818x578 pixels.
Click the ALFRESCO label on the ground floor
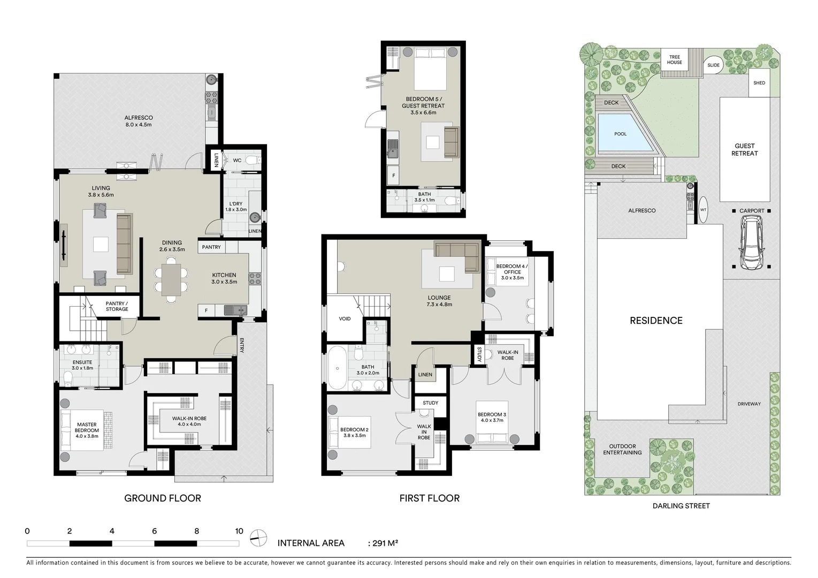click(139, 118)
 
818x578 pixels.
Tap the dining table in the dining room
click(171, 280)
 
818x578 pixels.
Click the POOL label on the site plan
click(620, 134)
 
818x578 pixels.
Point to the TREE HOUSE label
click(674, 59)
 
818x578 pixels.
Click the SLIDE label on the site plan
click(713, 65)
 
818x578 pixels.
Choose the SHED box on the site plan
click(759, 83)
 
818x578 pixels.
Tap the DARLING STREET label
click(681, 506)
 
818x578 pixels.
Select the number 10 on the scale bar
click(239, 531)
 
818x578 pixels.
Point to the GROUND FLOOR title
click(163, 498)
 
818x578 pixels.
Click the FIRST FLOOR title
click(429, 498)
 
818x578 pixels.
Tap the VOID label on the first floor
click(345, 319)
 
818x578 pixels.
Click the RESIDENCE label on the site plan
click(656, 321)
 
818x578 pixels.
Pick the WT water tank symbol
click(703, 210)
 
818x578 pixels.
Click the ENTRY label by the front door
click(242, 346)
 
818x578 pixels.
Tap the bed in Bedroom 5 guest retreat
click(430, 69)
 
